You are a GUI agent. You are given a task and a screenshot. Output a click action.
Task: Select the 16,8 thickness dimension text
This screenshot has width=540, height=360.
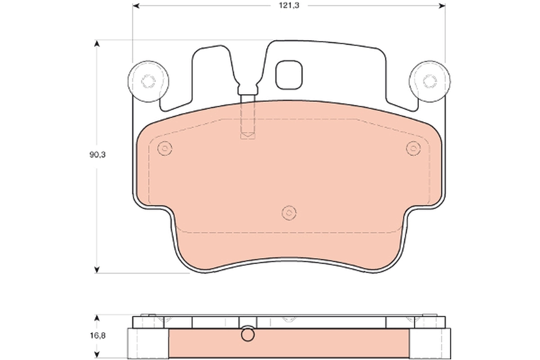(x=97, y=335)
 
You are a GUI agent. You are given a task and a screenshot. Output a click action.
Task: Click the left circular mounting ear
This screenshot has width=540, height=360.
(x=148, y=81)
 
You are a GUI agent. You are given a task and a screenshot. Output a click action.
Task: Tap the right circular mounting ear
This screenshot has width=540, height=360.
(x=429, y=81)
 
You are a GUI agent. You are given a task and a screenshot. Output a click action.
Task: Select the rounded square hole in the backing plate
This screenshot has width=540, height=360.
(x=288, y=75)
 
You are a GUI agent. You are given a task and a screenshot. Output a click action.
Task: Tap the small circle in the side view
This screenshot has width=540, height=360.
(x=247, y=335)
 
